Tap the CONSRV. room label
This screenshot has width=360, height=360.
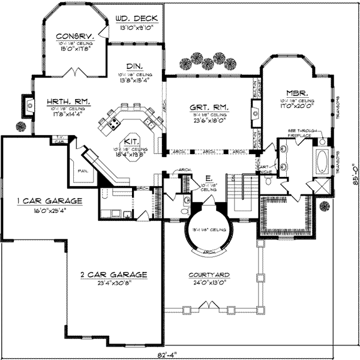click(70, 35)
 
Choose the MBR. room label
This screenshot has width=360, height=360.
click(297, 94)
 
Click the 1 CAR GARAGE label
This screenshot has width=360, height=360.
click(41, 200)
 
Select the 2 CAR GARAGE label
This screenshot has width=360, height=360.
click(114, 275)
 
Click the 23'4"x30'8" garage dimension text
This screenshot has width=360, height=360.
click(114, 284)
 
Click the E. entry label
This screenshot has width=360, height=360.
click(207, 178)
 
